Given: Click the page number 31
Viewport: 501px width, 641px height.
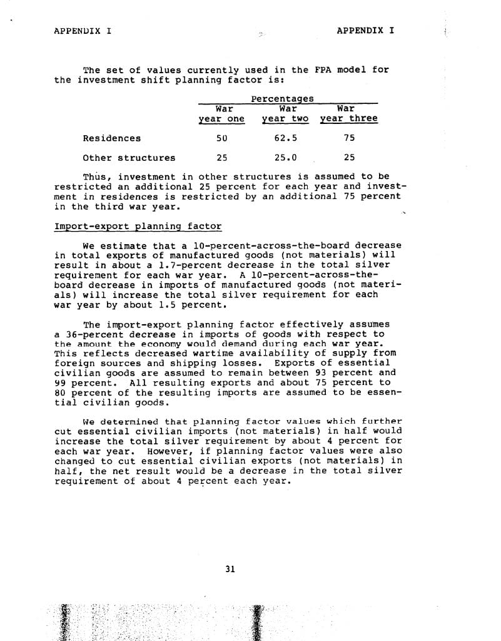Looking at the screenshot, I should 230,569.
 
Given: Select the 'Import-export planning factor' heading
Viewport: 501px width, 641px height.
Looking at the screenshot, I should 138,226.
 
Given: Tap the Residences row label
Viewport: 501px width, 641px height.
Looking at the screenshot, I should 112,138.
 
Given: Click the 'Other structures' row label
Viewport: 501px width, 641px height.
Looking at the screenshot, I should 129,158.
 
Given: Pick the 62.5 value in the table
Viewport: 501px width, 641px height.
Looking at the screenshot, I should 285,138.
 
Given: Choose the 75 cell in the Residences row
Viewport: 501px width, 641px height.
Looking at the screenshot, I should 349,138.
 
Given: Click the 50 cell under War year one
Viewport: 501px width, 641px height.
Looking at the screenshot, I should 221,138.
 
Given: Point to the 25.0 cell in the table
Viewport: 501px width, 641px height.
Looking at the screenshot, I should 285,158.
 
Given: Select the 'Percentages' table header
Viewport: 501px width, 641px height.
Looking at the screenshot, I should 282,98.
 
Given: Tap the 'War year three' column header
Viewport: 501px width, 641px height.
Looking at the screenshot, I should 349,114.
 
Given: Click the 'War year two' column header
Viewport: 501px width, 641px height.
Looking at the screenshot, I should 285,114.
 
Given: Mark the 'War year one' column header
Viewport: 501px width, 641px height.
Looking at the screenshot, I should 221,114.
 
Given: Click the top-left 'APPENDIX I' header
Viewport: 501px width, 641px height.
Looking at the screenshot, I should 83,30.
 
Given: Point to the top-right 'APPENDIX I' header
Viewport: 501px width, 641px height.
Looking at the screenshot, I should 365,30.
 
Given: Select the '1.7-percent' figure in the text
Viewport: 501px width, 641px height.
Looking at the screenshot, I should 178,265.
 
